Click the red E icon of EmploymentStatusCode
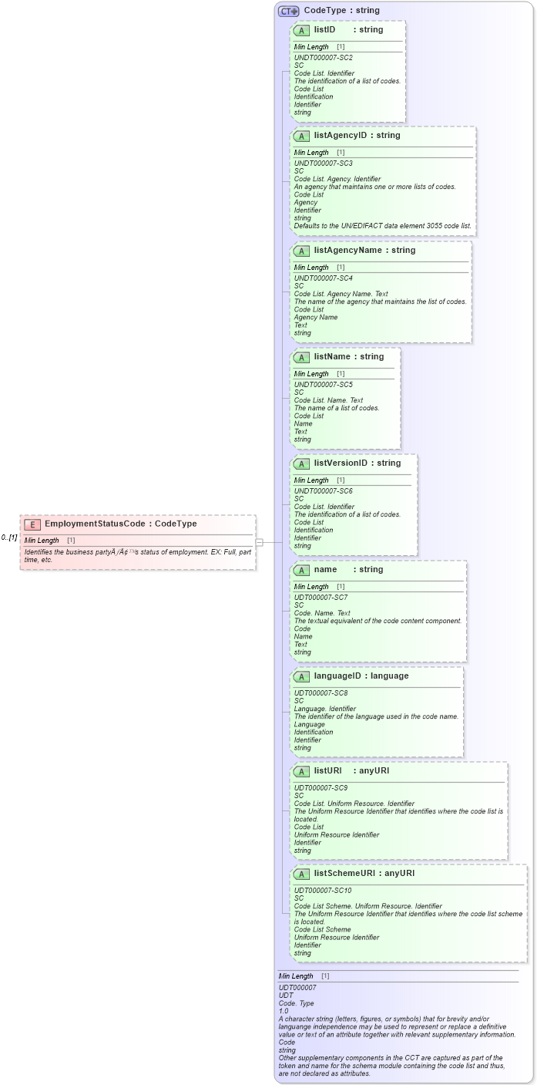(32, 524)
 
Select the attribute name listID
(324, 30)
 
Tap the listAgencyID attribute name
(341, 136)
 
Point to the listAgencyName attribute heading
(349, 251)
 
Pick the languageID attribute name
(340, 676)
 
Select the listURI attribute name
(327, 771)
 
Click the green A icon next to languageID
(302, 676)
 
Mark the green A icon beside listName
(302, 357)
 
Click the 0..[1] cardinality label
(9, 537)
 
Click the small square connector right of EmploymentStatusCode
(260, 542)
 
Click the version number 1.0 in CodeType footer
(284, 1011)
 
